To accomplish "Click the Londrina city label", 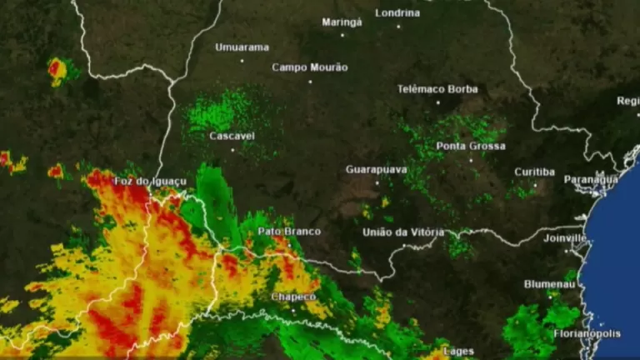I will pos(398,12).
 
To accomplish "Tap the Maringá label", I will pos(342,22).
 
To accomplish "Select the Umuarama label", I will pos(242,47).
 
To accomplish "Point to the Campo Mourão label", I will pos(310,67).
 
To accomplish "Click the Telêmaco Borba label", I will pos(437,89).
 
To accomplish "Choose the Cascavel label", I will pos(232,136).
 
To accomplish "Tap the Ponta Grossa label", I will pos(471,147).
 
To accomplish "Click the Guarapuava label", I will pos(376,170).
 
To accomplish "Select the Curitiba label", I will pos(534,172).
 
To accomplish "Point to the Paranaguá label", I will pos(591,179).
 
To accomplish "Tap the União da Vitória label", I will pos(403,232).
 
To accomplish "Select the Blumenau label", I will pos(548,284).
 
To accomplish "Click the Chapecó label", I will pos(293,297).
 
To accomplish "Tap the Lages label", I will pos(458,352).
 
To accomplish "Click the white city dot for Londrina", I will pos(398,26).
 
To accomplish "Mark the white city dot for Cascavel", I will pos(232,149).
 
